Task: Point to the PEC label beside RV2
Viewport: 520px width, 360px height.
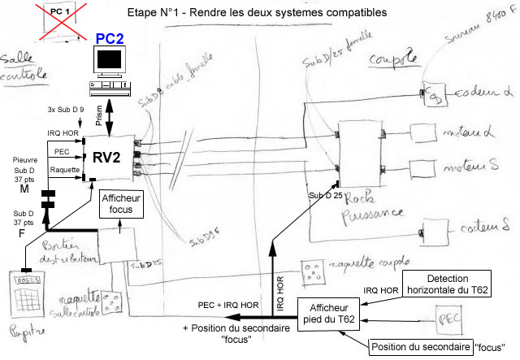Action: tap(62, 151)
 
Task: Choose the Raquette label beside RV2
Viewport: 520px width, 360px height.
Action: tap(65, 170)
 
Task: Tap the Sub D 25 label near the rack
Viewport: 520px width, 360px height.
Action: tap(326, 197)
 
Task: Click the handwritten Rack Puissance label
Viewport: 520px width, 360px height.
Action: tap(365, 206)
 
